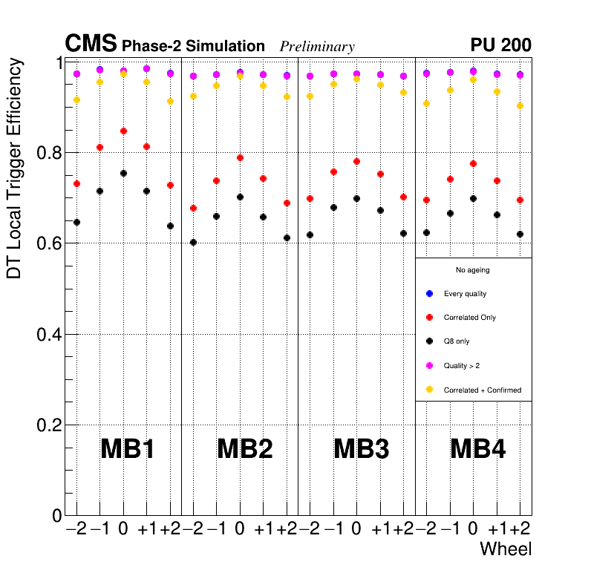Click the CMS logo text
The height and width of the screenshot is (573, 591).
pyautogui.click(x=91, y=45)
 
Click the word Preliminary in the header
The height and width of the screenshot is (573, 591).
pyautogui.click(x=317, y=47)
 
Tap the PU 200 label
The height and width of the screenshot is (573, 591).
pyautogui.click(x=500, y=45)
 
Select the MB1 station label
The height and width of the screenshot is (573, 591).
pyautogui.click(x=127, y=449)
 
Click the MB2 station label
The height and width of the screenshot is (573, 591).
pyautogui.click(x=244, y=449)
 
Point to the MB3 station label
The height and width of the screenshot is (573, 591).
pyautogui.click(x=362, y=449)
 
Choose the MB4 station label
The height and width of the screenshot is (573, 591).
pyautogui.click(x=478, y=449)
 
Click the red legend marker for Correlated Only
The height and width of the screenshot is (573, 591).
pyautogui.click(x=429, y=318)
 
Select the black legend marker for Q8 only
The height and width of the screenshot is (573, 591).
pyautogui.click(x=429, y=341)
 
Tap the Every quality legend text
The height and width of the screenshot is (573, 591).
pyautogui.click(x=465, y=294)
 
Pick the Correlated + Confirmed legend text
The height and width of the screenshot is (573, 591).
pyautogui.click(x=483, y=390)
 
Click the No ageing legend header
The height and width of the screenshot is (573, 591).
pyautogui.click(x=473, y=270)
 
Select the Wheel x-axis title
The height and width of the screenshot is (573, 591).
pyautogui.click(x=506, y=549)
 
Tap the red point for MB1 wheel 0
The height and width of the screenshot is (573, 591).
pyautogui.click(x=123, y=131)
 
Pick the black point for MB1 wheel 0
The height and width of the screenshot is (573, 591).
pyautogui.click(x=123, y=173)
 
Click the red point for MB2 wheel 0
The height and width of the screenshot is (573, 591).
pyautogui.click(x=240, y=157)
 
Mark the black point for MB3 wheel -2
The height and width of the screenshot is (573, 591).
pyautogui.click(x=310, y=235)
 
